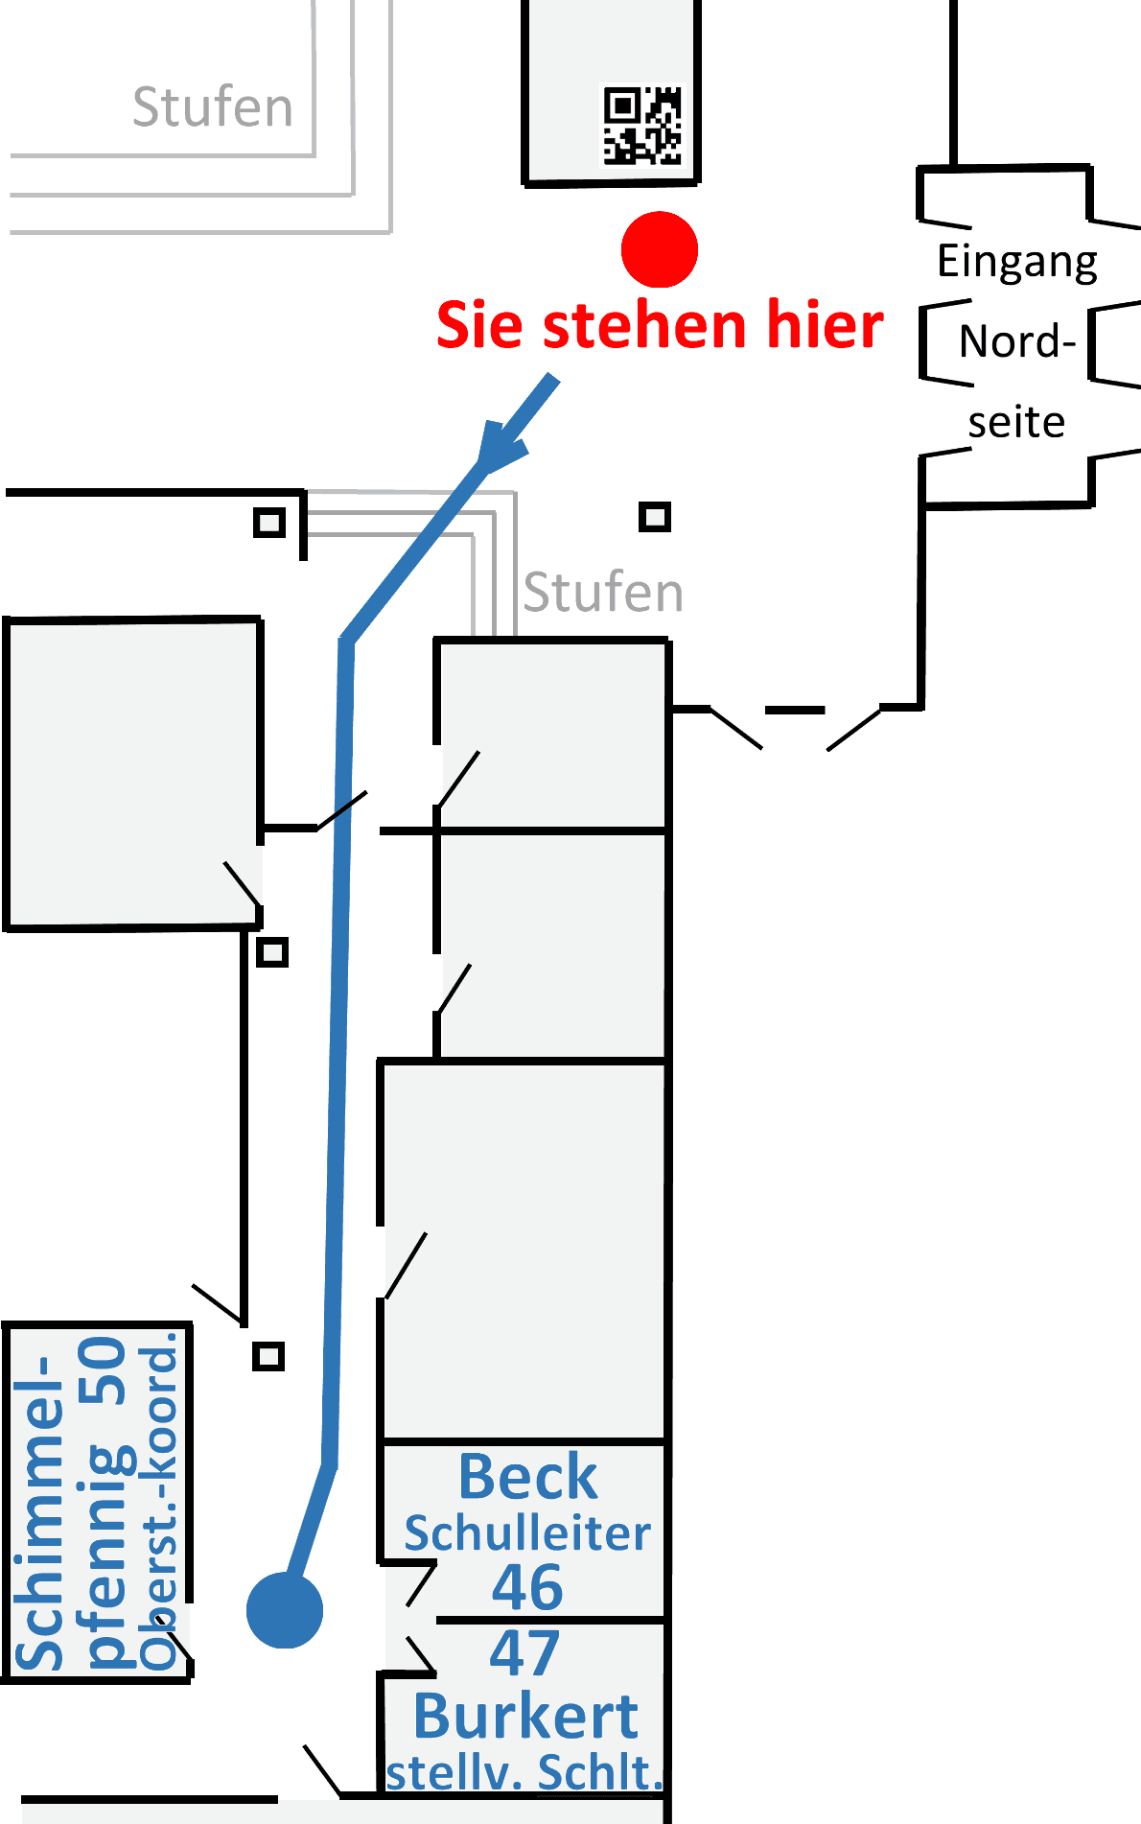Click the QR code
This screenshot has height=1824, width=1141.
[641, 126]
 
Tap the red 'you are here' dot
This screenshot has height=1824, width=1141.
[660, 249]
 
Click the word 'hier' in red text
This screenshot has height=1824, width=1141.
[825, 324]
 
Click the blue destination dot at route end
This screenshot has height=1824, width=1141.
[285, 1610]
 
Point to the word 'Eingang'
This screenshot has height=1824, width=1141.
[1017, 262]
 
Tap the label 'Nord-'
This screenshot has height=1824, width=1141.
[1017, 341]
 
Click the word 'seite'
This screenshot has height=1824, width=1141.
[1016, 422]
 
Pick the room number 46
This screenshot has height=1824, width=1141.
[527, 1587]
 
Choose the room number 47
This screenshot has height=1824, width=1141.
[524, 1652]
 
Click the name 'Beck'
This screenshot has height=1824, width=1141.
[527, 1477]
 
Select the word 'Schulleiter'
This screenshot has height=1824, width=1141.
[527, 1533]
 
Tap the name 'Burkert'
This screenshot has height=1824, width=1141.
[525, 1716]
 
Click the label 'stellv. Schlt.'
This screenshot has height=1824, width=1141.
[524, 1772]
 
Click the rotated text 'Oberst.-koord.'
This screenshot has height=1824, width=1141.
[159, 1501]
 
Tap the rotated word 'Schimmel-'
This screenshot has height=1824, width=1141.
[40, 1515]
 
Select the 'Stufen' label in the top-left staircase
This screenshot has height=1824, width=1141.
[212, 106]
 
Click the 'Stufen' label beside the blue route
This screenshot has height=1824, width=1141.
[603, 593]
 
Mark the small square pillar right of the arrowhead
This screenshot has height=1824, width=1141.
[655, 518]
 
